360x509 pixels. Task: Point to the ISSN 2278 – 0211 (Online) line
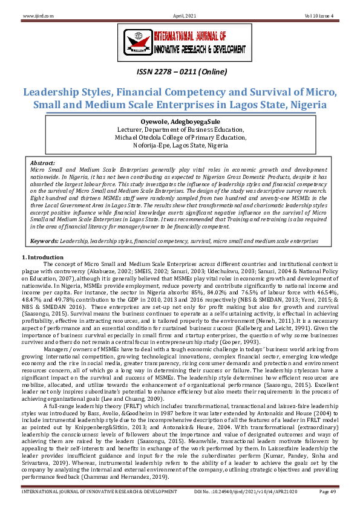[x=180, y=74]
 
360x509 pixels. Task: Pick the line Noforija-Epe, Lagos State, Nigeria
[x=180, y=146]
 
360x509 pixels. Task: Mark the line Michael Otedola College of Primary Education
[x=180, y=137]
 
